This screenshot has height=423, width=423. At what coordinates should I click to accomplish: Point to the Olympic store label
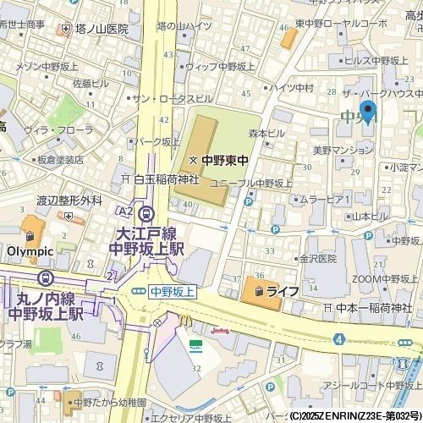[x=30, y=251]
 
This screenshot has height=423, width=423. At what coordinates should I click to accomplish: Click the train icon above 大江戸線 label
[x=148, y=213]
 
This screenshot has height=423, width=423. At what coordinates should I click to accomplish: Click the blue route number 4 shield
[x=338, y=339]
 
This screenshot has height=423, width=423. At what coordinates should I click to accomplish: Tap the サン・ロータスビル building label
[x=171, y=98]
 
